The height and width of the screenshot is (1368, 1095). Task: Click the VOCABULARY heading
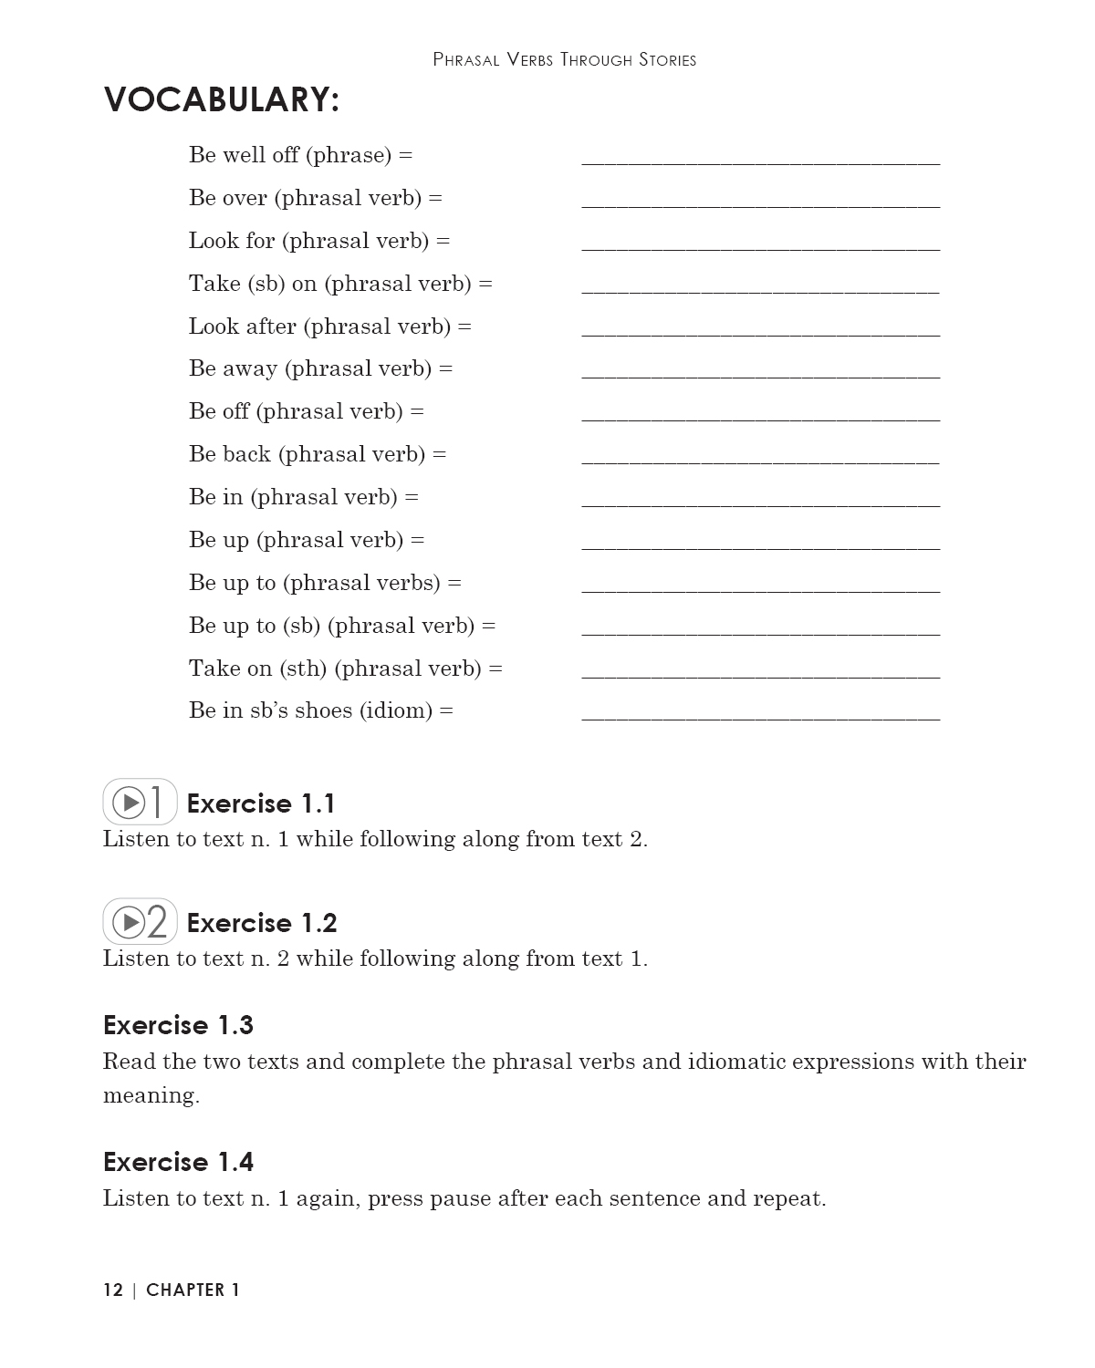[x=222, y=99]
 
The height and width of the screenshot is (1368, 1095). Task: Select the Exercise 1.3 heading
[x=178, y=1025]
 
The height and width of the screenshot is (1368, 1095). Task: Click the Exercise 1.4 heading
[x=178, y=1162]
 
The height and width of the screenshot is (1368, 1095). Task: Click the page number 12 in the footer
[x=113, y=1290]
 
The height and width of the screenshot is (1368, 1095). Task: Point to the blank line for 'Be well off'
[x=760, y=161]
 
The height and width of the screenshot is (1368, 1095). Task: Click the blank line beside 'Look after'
[x=760, y=333]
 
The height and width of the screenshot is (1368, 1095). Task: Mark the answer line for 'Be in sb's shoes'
[x=760, y=718]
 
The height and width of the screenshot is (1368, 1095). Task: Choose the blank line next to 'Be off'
[x=760, y=419]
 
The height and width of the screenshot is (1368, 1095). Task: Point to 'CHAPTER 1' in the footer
[x=193, y=1290]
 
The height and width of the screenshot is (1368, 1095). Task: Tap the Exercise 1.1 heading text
[x=261, y=803]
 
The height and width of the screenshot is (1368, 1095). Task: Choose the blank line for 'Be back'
[x=760, y=461]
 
